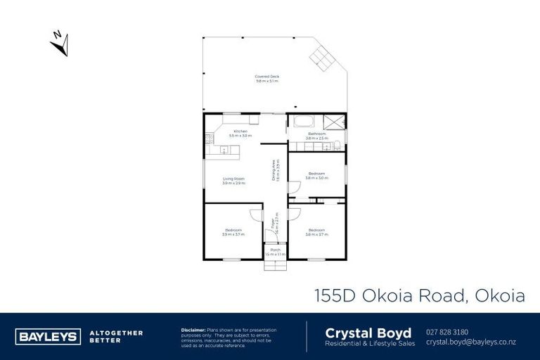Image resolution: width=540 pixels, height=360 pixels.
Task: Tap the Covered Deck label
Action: [266, 79]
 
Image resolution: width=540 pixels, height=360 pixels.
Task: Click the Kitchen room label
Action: [240, 133]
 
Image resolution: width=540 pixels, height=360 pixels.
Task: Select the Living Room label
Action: [233, 181]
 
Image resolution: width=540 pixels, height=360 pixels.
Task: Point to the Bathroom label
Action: [316, 135]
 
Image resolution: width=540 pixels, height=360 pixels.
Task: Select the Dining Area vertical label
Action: [276, 171]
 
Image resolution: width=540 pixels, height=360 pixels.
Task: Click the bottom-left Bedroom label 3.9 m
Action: [233, 232]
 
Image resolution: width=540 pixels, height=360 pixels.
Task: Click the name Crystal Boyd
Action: [359, 332]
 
